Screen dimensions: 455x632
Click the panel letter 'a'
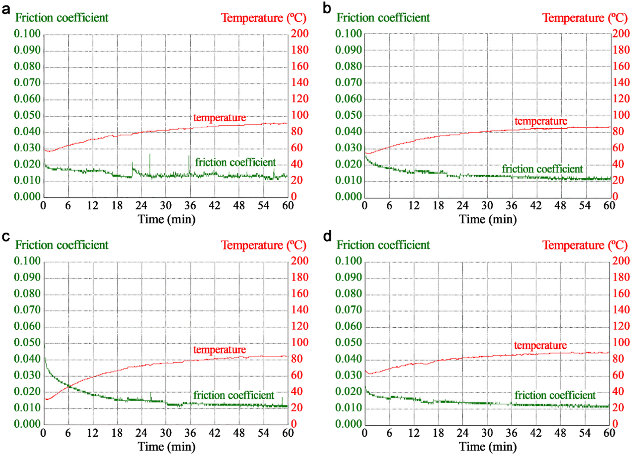(x=6, y=9)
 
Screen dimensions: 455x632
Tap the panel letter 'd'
(x=327, y=237)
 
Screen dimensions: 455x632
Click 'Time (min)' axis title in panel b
(x=488, y=219)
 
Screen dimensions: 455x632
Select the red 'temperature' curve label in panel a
(x=219, y=118)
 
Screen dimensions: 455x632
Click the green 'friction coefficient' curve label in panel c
(x=234, y=395)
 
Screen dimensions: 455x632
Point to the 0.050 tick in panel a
(x=27, y=115)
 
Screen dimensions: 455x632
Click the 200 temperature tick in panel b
(x=621, y=33)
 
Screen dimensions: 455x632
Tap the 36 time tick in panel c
(x=190, y=433)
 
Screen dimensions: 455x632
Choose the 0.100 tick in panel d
(x=348, y=261)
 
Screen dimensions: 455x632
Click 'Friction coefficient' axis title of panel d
(x=383, y=245)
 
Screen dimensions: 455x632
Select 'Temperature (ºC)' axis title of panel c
(x=263, y=245)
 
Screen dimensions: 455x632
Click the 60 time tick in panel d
(x=609, y=433)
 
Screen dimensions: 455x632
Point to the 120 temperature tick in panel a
(x=300, y=99)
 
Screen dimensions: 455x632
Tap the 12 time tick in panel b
(x=414, y=205)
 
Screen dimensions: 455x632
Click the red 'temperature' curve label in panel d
(x=540, y=345)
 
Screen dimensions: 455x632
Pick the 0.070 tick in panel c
(x=27, y=310)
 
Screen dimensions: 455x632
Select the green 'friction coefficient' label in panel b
(x=542, y=169)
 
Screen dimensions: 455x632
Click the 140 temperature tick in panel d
(x=621, y=310)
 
